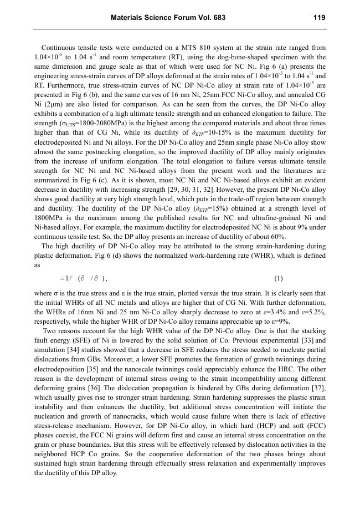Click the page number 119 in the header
click(318, 18)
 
